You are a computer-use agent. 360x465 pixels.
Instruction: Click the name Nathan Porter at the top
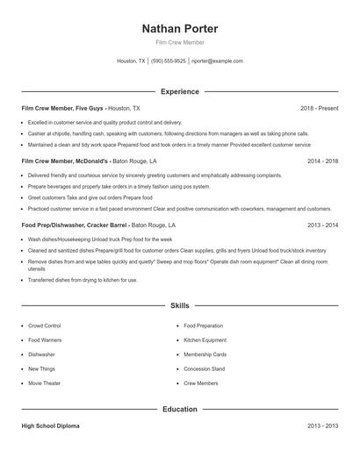pos(179,29)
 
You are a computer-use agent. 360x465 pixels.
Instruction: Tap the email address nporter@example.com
pos(217,61)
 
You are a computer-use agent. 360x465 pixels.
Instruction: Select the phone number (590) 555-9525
pos(168,61)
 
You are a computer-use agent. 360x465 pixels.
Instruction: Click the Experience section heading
pos(179,91)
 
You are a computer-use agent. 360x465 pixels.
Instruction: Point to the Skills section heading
pos(179,305)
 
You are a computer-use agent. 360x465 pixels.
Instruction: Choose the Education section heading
pos(179,409)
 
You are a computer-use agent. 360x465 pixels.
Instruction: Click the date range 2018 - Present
pos(319,108)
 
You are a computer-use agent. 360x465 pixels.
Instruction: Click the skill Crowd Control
pos(46,325)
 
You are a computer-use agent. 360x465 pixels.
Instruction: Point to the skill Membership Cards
pos(205,354)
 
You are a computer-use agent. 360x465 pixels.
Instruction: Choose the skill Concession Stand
pos(204,368)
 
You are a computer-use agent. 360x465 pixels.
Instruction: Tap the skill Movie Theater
pos(46,383)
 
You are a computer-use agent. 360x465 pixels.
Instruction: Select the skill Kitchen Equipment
pos(205,340)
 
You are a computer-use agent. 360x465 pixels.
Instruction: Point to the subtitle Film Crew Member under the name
pos(179,43)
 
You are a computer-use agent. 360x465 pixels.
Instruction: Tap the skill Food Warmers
pos(45,340)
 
